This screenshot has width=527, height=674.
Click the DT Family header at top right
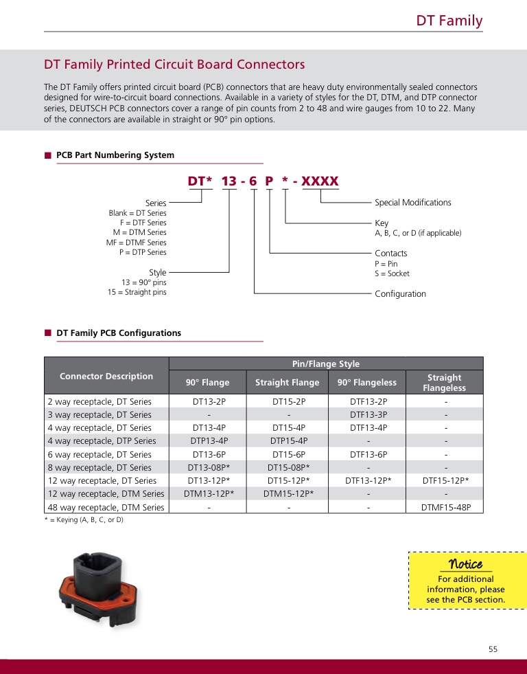click(x=449, y=21)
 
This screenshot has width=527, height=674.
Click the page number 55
click(x=493, y=649)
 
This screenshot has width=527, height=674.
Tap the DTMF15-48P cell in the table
click(x=444, y=508)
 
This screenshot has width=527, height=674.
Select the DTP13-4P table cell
click(x=209, y=441)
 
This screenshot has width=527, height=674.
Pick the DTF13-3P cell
click(x=368, y=415)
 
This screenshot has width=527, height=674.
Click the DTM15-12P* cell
click(x=289, y=494)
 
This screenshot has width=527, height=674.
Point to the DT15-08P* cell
click(x=289, y=468)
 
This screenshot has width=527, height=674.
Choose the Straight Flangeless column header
click(x=444, y=383)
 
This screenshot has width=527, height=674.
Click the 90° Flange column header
click(x=208, y=383)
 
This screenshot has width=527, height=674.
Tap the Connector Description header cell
click(x=106, y=377)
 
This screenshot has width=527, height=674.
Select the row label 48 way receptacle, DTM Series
click(x=106, y=508)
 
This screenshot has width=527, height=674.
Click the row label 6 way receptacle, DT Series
click(x=99, y=455)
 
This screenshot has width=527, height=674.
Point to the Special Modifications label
click(x=412, y=203)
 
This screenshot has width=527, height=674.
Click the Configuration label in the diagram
click(x=400, y=294)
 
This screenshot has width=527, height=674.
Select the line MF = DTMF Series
click(x=136, y=243)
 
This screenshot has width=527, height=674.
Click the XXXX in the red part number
click(x=320, y=181)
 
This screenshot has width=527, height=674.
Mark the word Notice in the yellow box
click(x=465, y=564)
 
